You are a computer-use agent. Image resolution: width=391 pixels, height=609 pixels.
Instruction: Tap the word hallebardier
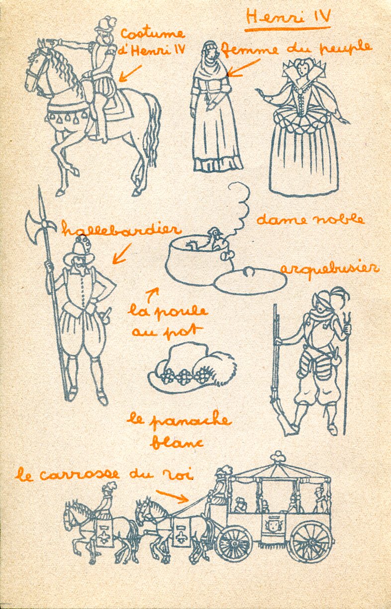[121, 229]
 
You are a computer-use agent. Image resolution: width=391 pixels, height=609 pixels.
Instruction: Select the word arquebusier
[329, 270]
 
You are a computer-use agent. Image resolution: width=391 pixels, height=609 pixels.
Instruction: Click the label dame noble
[310, 219]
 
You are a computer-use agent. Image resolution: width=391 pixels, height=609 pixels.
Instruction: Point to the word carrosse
[79, 474]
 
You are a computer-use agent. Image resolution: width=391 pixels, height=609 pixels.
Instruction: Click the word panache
[191, 421]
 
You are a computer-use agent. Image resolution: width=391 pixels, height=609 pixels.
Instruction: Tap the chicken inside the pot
[209, 240]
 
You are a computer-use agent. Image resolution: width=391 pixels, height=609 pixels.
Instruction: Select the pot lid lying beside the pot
[250, 281]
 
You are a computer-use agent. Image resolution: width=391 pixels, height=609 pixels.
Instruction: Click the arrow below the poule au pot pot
[152, 294]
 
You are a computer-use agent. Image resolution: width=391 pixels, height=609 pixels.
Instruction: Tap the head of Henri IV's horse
[37, 71]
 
